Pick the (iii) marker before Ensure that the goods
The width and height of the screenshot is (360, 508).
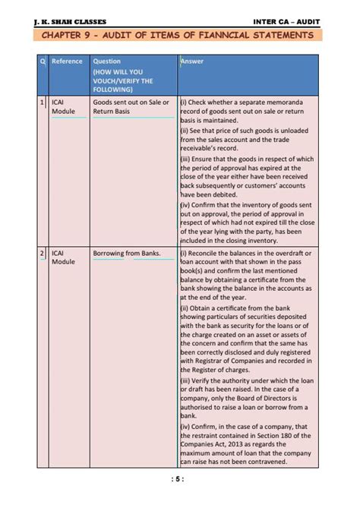(x=186, y=159)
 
